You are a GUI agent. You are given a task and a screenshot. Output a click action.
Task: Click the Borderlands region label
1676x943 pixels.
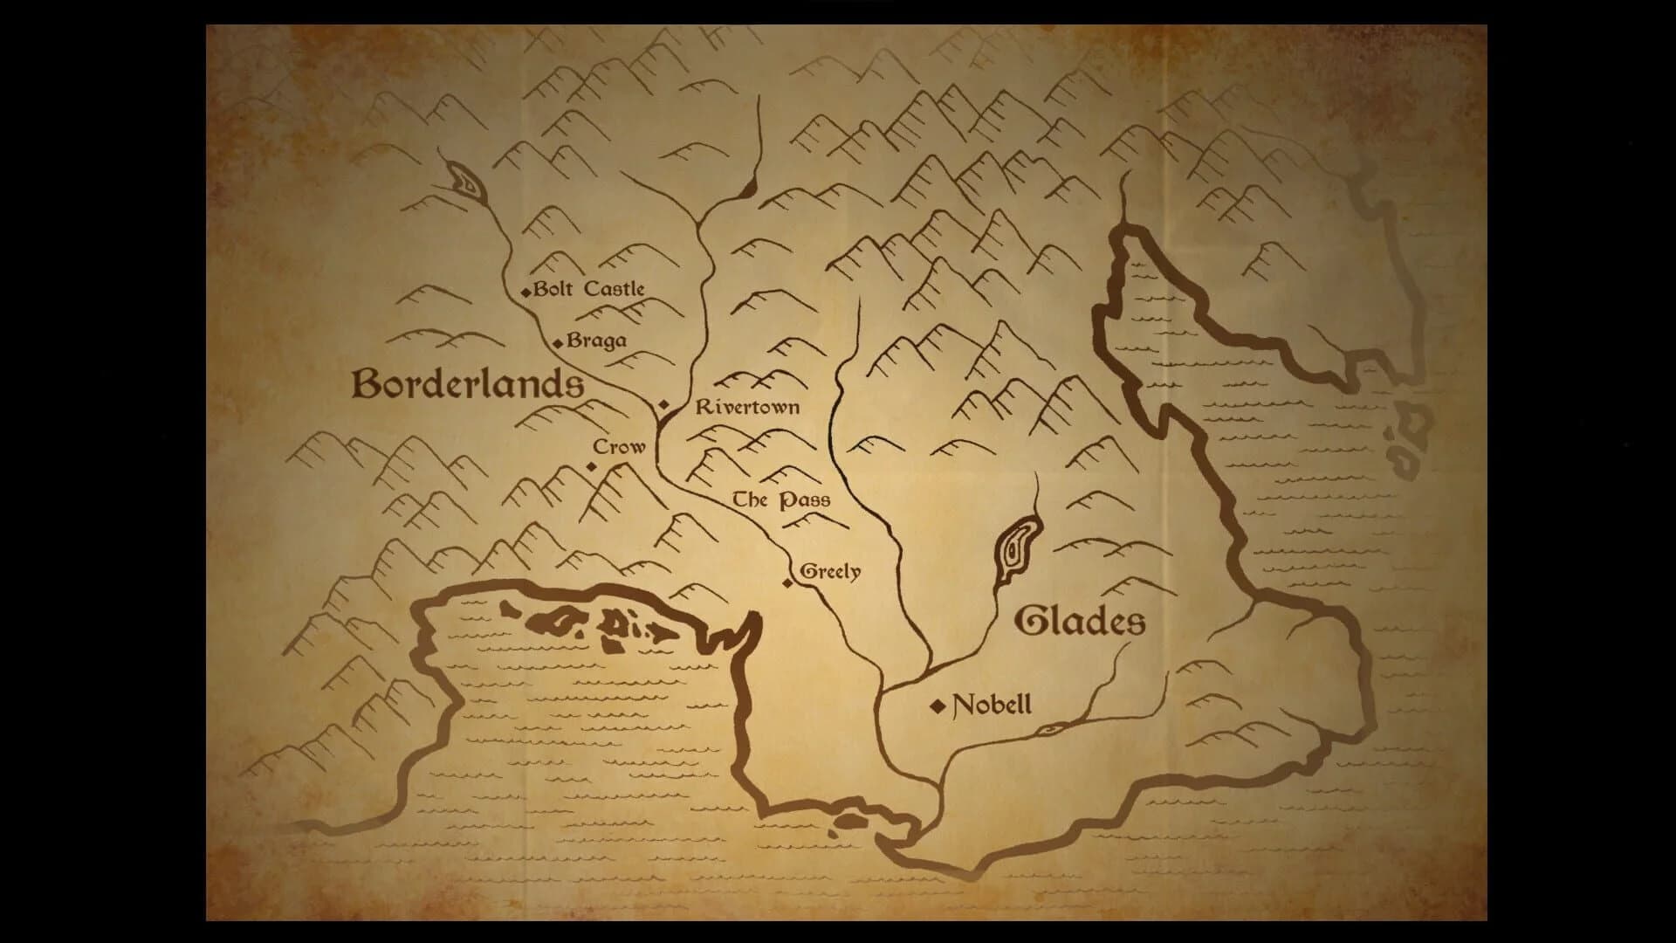[468, 384]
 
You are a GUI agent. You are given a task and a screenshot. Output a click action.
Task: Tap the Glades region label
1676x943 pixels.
[1080, 622]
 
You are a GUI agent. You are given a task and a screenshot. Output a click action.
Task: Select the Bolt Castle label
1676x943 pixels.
[589, 289]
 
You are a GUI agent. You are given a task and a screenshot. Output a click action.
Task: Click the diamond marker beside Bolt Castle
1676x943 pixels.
[525, 292]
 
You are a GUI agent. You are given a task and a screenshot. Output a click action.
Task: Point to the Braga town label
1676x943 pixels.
[596, 341]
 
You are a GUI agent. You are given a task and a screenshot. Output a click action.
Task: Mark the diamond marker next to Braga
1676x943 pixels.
[559, 343]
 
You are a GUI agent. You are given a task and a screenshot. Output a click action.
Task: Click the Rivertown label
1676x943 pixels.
[747, 407]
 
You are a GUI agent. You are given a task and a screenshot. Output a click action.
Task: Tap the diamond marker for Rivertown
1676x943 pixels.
[663, 404]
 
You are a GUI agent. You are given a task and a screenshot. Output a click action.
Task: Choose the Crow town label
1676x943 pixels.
[619, 447]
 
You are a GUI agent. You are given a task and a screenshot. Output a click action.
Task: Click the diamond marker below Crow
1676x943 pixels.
[592, 466]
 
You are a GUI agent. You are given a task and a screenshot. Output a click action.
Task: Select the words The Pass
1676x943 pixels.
[780, 500]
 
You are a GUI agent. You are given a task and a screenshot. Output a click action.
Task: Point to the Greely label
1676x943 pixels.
[830, 572]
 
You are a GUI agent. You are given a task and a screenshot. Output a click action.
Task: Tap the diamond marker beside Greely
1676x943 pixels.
[787, 583]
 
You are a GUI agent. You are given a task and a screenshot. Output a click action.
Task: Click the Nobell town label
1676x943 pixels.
[992, 705]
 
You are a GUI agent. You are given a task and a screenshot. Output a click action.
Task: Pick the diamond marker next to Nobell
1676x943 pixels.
[938, 706]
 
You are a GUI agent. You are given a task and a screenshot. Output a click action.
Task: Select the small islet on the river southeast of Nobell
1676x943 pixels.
[1051, 729]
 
